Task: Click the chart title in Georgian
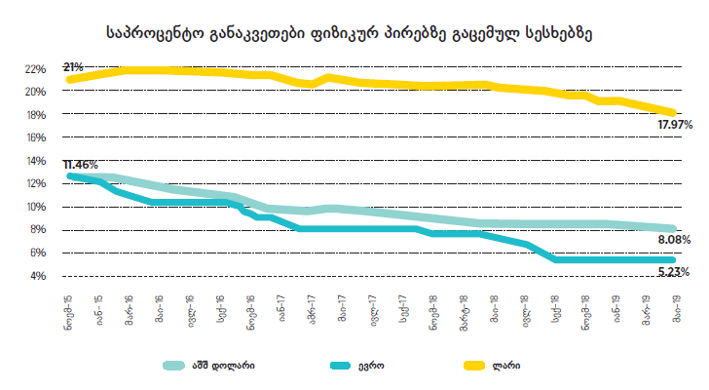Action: [x=348, y=32]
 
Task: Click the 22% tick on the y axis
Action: [x=36, y=69]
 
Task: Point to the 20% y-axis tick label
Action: [x=36, y=92]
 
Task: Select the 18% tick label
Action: [x=36, y=115]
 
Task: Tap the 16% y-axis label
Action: [x=36, y=137]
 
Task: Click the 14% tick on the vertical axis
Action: [x=36, y=161]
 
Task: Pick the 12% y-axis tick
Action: [x=36, y=184]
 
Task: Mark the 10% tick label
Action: [x=36, y=207]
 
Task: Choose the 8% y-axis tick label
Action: [x=38, y=230]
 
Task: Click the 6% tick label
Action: [x=38, y=253]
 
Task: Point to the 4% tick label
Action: [x=38, y=276]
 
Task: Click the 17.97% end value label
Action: [x=674, y=126]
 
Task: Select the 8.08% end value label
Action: [x=674, y=239]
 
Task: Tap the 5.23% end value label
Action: [x=674, y=272]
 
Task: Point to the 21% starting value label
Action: [x=73, y=66]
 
